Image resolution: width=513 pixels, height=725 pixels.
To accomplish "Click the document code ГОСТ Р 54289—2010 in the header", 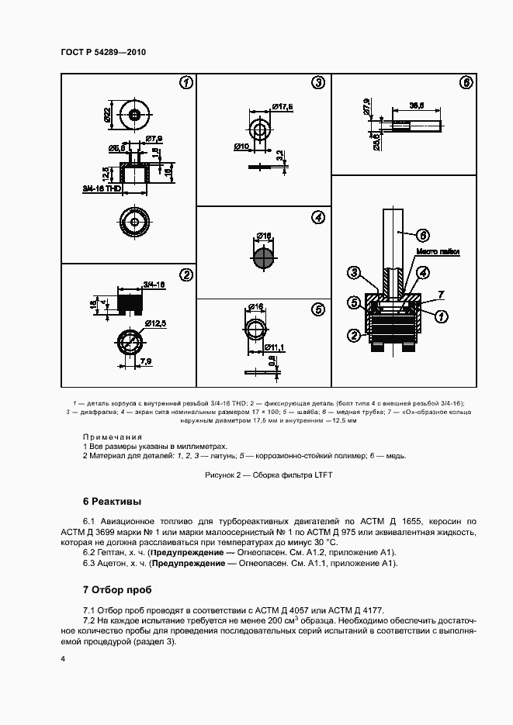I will tap(103, 52).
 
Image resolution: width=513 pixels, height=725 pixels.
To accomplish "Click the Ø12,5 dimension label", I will tap(155, 321).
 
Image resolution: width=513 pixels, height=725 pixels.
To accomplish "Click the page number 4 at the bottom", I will tap(63, 658).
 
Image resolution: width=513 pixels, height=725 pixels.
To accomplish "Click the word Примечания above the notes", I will tap(113, 437).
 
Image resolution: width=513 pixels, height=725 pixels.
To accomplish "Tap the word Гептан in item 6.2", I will tap(110, 552).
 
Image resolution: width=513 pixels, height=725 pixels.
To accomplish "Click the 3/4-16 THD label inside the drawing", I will tap(99, 188).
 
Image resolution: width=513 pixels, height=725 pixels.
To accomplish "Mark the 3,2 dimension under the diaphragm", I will tap(279, 155).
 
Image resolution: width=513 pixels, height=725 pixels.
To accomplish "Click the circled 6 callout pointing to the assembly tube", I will tap(422, 235).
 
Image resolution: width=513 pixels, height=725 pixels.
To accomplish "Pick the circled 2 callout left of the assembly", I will tap(353, 335).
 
